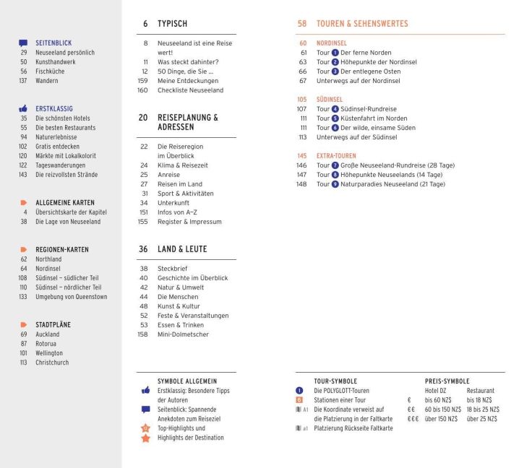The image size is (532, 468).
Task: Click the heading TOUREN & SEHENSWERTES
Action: pos(362,24)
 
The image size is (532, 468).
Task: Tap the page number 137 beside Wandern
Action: pos(23,81)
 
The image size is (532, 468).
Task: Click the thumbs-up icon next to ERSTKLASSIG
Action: pos(23,108)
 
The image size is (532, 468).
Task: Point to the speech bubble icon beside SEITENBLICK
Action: pos(23,43)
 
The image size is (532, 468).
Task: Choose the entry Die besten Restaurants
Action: pos(65,128)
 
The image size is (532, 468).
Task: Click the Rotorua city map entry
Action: pos(48,344)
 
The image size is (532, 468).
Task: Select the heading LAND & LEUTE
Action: pos(182,249)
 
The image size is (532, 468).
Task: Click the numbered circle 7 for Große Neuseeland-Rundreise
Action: pos(335,165)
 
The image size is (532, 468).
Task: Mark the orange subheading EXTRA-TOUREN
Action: pos(336,156)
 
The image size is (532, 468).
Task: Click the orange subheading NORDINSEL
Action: pos(332,43)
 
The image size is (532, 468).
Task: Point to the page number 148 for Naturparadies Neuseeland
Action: pos(301,184)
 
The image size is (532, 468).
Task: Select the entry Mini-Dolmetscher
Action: pos(183,334)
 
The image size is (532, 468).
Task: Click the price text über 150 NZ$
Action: pos(441,419)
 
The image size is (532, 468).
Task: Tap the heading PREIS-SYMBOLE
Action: pos(447,381)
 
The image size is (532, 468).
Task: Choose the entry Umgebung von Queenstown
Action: pos(71,297)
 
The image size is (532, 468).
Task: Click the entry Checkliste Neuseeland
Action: pos(190,90)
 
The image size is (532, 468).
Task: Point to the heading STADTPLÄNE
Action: pos(53,325)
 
